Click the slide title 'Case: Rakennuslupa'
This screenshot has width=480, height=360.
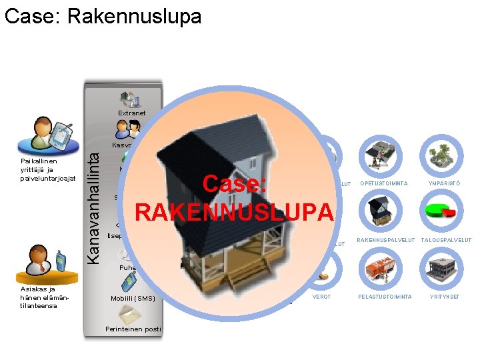[x=103, y=16]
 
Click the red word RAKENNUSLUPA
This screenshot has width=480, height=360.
[x=233, y=212]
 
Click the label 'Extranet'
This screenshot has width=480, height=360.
[x=131, y=113]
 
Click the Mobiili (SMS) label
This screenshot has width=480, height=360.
[x=133, y=298]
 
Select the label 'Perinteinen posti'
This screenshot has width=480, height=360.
[x=133, y=329]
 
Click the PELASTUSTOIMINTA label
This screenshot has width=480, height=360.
[x=385, y=297]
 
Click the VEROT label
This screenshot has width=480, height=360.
[x=321, y=297]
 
